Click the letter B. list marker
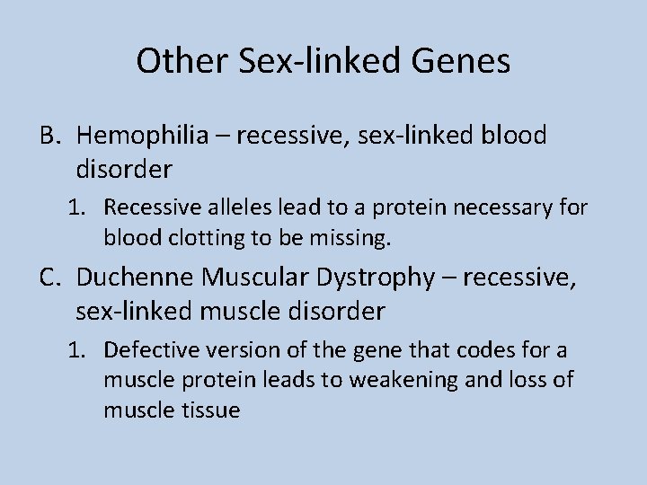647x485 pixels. (x=49, y=136)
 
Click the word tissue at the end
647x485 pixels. (x=210, y=410)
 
